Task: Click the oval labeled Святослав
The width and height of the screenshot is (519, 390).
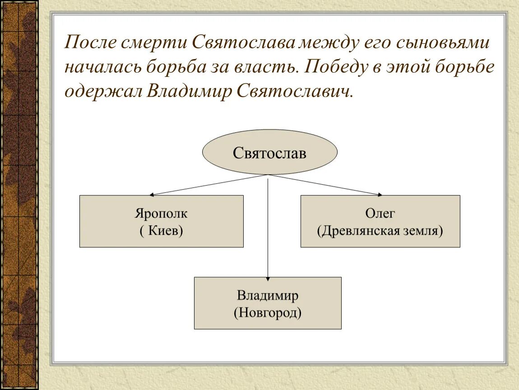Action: coord(269,153)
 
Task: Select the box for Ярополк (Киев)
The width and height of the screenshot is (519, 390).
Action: coord(161,221)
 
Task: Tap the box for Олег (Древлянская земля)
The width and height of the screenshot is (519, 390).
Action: coord(380,221)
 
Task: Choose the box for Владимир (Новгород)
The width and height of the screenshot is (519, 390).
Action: coord(268,303)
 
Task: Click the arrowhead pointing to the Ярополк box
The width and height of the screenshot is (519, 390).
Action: coord(152,195)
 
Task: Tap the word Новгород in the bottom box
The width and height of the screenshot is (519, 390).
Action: coord(268,312)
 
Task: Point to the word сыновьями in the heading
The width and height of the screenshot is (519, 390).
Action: coord(443,43)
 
